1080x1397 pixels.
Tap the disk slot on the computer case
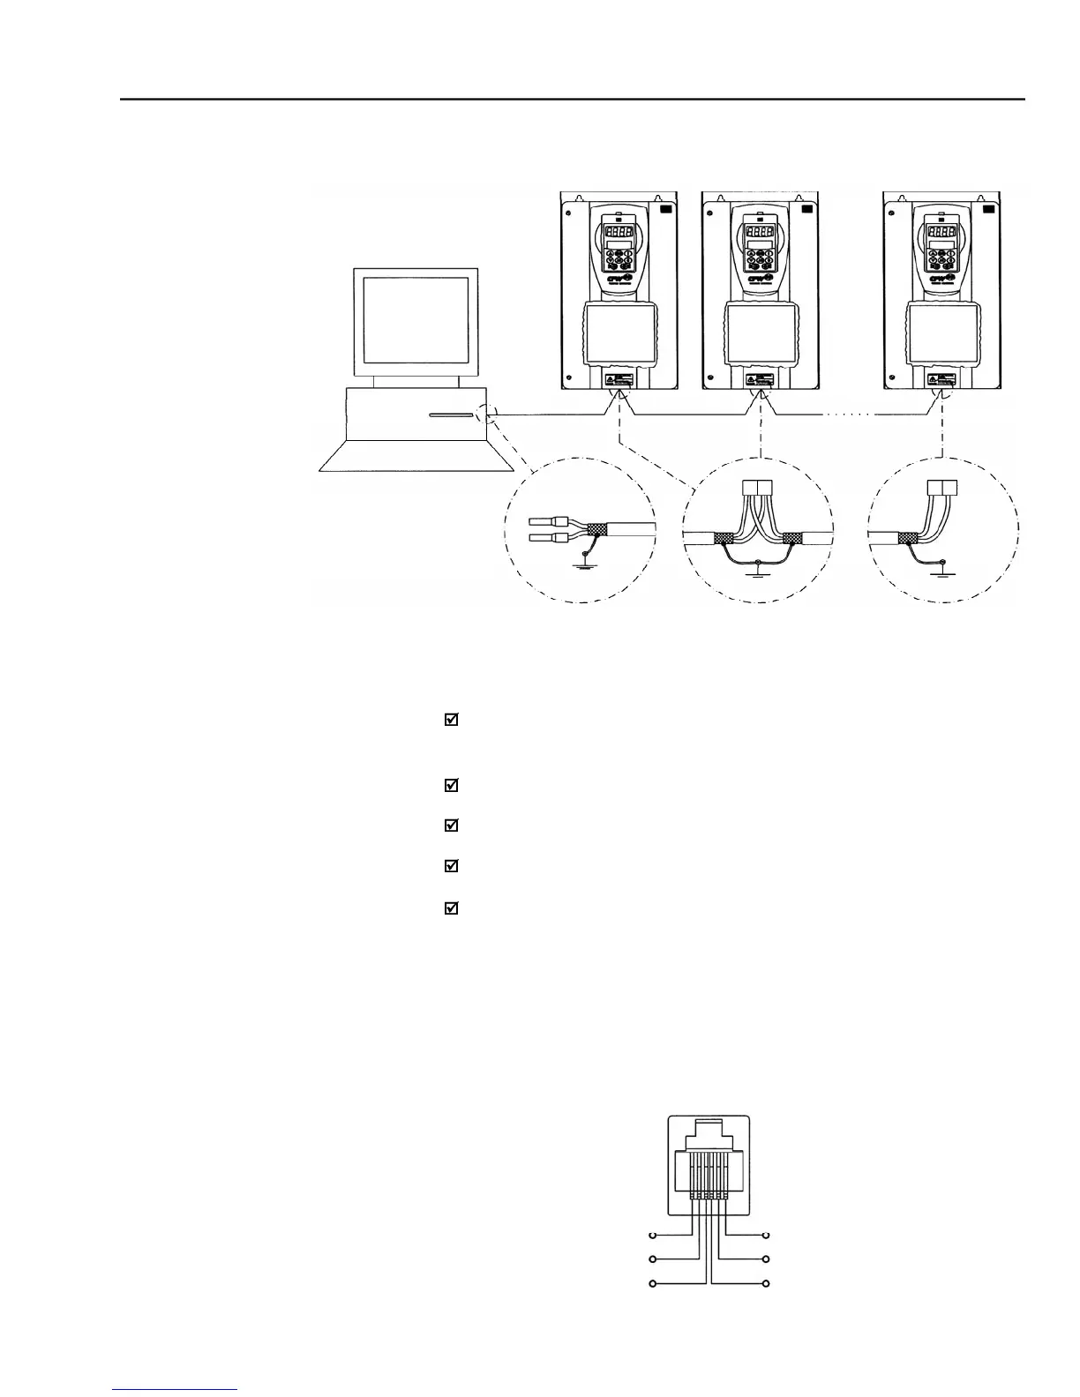pyautogui.click(x=450, y=415)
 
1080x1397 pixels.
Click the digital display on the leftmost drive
pyautogui.click(x=619, y=232)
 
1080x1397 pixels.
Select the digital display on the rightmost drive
pyautogui.click(x=941, y=232)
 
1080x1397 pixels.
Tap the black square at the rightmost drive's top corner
pyautogui.click(x=988, y=209)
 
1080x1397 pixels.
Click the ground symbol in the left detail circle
pyautogui.click(x=580, y=564)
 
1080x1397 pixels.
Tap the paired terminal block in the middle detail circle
pyautogui.click(x=759, y=487)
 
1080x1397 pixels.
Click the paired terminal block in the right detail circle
pyautogui.click(x=942, y=487)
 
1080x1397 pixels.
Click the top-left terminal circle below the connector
pyautogui.click(x=653, y=1236)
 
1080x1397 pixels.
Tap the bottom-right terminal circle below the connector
pyautogui.click(x=767, y=1283)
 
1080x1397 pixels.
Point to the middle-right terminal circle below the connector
pyautogui.click(x=767, y=1259)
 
